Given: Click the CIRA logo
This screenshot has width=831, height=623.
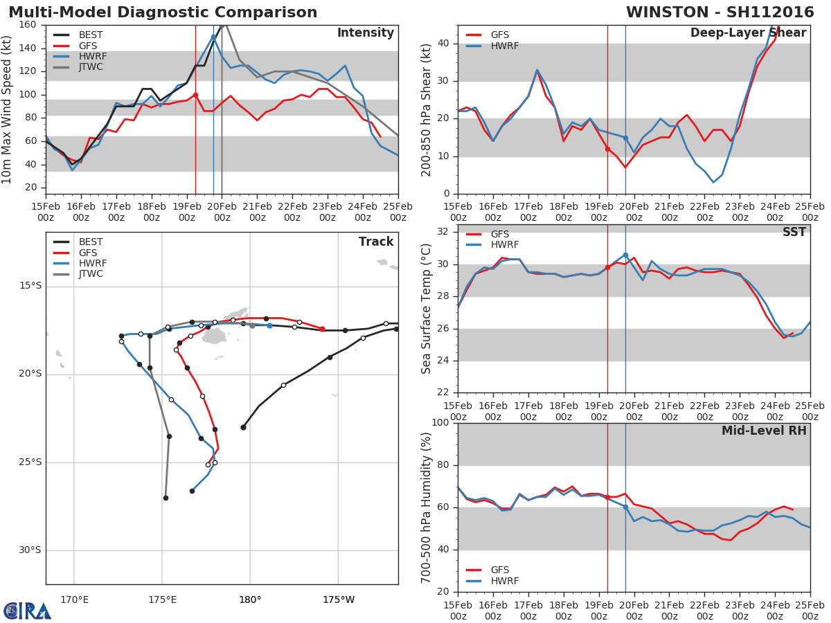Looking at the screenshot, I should (28, 611).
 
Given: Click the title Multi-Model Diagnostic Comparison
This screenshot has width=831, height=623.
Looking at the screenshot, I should (163, 12).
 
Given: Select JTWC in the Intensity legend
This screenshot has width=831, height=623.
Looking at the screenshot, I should (91, 67).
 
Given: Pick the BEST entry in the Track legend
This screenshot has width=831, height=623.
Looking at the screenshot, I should (91, 242).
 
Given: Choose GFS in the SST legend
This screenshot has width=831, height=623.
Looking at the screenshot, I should (500, 234).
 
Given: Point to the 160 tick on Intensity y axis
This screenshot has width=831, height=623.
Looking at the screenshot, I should (28, 25).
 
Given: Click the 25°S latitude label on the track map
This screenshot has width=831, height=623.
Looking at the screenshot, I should (30, 462).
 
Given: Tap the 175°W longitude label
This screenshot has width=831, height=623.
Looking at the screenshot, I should (339, 599).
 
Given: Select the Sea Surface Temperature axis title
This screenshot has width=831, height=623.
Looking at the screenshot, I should (427, 309).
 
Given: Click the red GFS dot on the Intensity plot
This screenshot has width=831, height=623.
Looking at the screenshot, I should (195, 95).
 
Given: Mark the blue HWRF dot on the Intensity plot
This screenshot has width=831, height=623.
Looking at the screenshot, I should (213, 37).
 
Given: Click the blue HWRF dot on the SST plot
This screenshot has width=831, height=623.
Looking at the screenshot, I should (625, 255).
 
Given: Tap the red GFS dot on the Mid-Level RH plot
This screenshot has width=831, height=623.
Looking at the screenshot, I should (607, 497).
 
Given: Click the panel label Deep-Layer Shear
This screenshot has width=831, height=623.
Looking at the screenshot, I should (748, 33).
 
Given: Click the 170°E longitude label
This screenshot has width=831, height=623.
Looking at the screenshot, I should (74, 599).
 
